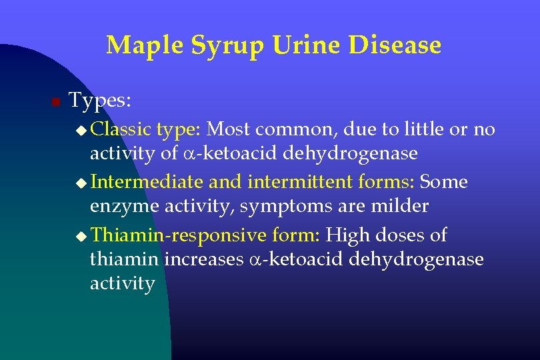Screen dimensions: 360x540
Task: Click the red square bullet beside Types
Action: (x=56, y=102)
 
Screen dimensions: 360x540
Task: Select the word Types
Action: (x=101, y=101)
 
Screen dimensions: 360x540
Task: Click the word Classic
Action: (x=121, y=129)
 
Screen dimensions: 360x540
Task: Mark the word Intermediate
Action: (x=147, y=181)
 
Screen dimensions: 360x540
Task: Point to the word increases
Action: (x=204, y=259)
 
